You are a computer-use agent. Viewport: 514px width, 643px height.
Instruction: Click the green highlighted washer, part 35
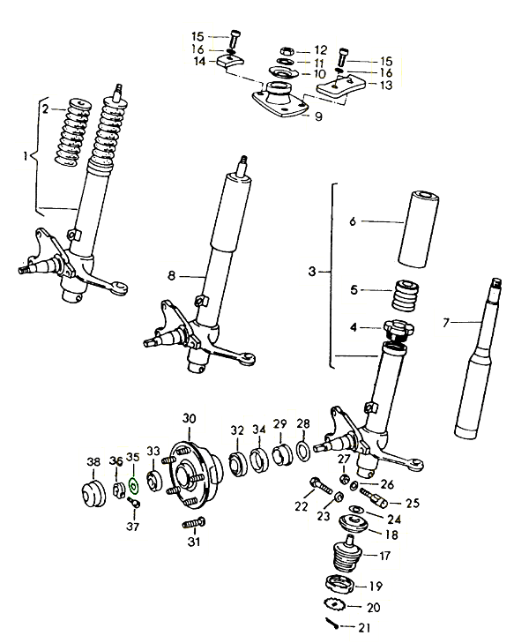pyautogui.click(x=134, y=486)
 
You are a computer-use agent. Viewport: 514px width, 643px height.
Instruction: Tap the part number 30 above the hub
pyautogui.click(x=189, y=419)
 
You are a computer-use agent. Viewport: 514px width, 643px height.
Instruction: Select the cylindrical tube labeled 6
pyautogui.click(x=418, y=229)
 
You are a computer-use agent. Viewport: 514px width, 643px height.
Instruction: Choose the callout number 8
pyautogui.click(x=171, y=275)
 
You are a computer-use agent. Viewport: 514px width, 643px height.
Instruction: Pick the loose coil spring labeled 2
pyautogui.click(x=73, y=133)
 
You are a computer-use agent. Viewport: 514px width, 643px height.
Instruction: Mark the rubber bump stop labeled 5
pyautogui.click(x=406, y=295)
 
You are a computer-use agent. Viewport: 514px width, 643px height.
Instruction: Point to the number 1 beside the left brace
pyautogui.click(x=26, y=156)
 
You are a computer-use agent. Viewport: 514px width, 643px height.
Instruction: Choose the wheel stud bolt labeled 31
pyautogui.click(x=193, y=524)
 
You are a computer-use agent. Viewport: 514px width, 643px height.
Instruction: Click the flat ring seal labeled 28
pyautogui.click(x=303, y=451)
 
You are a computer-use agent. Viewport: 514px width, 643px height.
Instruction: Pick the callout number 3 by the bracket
pyautogui.click(x=312, y=272)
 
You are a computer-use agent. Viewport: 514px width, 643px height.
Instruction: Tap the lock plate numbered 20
pyautogui.click(x=334, y=603)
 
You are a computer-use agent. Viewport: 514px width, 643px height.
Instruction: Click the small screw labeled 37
pyautogui.click(x=134, y=502)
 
